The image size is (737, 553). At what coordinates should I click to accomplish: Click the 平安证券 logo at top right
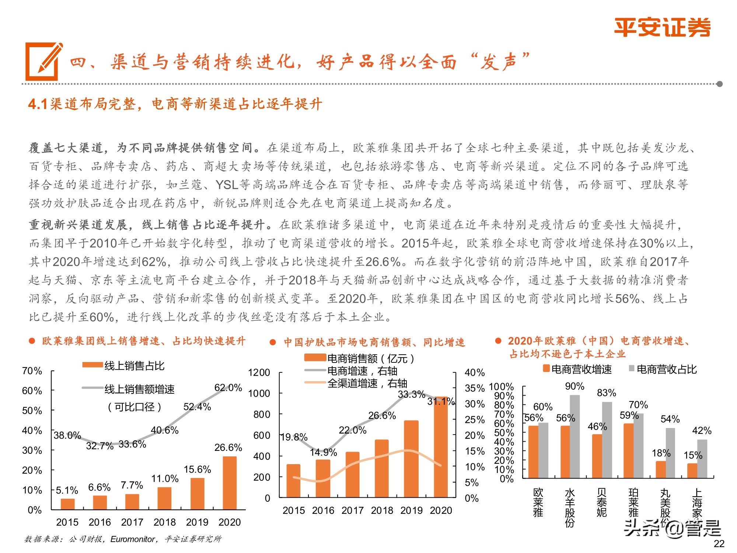coord(662,28)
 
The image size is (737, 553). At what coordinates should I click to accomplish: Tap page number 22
coord(719,543)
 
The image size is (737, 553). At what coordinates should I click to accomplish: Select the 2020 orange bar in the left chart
coord(230,483)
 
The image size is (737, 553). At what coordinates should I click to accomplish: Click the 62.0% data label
coord(228,388)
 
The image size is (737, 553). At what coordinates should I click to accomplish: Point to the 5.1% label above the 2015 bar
coord(67,490)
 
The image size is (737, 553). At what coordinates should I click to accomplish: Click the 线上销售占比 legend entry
coord(134,366)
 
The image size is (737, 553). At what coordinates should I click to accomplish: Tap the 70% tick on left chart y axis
coord(32,371)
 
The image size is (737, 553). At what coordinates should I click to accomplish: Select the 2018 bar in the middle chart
coord(382,468)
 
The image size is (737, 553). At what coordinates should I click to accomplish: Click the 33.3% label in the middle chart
coord(411,394)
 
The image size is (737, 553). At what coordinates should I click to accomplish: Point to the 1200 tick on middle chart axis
coord(259,372)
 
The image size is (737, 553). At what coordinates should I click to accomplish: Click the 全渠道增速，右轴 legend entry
coord(367,383)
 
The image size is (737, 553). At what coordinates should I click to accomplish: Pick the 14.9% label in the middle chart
coord(323,452)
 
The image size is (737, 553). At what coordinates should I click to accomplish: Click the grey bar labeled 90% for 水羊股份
coord(575,437)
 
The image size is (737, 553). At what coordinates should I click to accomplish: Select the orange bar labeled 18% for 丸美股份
coord(661,470)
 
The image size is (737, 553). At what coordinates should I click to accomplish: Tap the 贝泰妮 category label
coord(601,502)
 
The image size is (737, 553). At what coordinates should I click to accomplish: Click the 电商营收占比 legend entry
coord(666,369)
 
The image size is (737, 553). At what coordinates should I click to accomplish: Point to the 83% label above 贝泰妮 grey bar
coord(607,393)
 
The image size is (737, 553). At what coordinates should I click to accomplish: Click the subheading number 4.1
coord(38,104)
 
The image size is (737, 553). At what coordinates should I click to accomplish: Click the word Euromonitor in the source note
coord(133,539)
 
